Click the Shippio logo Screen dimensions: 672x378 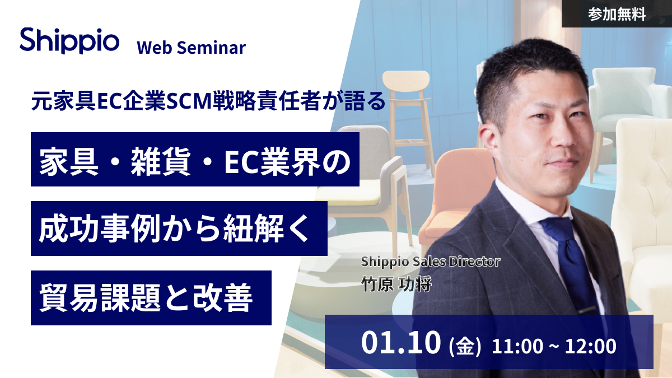tap(69, 40)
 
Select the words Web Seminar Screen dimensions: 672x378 tap(191, 48)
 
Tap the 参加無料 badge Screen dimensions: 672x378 tap(617, 14)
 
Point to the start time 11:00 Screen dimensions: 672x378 tap(517, 346)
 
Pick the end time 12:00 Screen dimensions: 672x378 tap(591, 346)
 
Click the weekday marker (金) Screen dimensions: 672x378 tap(465, 347)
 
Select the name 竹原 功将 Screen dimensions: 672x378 tap(396, 284)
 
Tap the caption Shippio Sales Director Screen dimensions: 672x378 tap(431, 262)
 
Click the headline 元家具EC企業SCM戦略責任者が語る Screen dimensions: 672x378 tap(208, 101)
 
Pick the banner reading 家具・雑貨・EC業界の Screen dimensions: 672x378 tap(195, 159)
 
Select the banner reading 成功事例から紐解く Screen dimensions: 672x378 tap(179, 228)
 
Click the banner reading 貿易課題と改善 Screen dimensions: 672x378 tap(151, 298)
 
